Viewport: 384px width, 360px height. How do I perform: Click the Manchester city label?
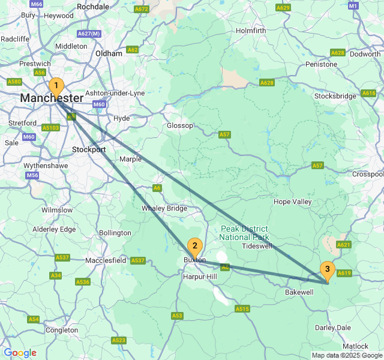[52, 98]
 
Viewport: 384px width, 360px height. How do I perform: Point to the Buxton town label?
[194, 260]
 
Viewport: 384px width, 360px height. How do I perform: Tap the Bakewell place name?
[299, 292]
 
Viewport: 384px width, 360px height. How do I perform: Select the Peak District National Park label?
[247, 233]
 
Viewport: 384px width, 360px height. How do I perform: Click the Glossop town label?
[180, 125]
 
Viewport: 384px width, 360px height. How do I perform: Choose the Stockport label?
[89, 149]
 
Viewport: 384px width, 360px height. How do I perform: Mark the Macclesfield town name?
[106, 260]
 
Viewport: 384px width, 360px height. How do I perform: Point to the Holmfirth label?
[251, 31]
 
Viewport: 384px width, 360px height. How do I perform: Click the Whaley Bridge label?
[164, 208]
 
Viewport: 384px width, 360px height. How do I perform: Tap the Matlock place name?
[355, 346]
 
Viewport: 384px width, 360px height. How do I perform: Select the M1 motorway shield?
[353, 5]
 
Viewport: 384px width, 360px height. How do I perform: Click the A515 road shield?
[242, 308]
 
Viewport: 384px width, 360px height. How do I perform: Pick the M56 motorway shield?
[32, 175]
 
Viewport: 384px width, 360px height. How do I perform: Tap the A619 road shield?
[344, 273]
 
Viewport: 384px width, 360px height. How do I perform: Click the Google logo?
[20, 353]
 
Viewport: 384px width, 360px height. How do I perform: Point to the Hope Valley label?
[292, 202]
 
